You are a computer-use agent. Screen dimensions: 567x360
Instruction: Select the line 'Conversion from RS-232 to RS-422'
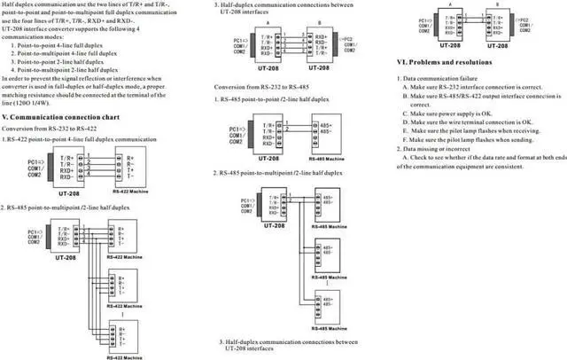coord(54,129)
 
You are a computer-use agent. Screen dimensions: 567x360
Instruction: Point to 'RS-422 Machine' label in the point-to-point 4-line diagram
coord(133,188)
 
